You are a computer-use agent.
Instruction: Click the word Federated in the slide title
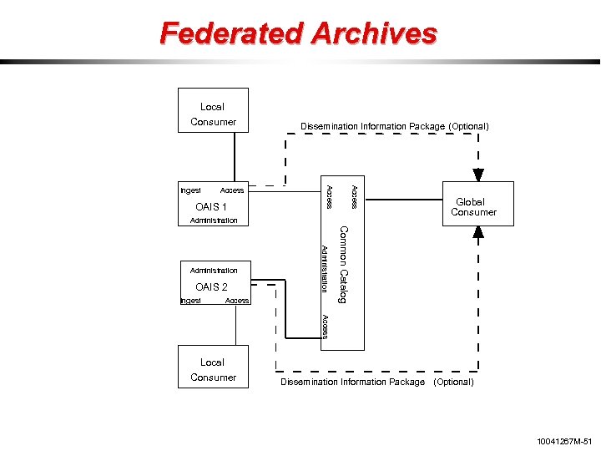[x=230, y=33]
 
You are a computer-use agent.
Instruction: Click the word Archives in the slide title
[x=374, y=33]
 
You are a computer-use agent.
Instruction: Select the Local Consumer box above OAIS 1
[x=213, y=110]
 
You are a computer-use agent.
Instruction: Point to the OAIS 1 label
[x=211, y=206]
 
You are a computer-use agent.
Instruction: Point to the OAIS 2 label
[x=211, y=286]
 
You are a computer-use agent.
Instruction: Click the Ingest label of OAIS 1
[x=191, y=191]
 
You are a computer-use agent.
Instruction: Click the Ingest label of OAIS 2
[x=191, y=301]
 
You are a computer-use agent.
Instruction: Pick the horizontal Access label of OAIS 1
[x=232, y=191]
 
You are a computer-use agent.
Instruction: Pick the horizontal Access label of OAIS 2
[x=237, y=301]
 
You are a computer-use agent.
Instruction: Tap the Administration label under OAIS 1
[x=214, y=220]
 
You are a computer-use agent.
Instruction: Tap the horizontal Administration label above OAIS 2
[x=214, y=271]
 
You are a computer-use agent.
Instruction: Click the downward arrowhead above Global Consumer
[x=478, y=175]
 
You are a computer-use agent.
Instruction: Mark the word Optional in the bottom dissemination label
[x=452, y=382]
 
